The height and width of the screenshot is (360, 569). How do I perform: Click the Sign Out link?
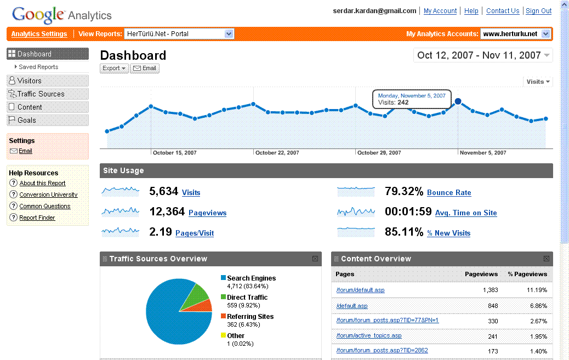pos(538,11)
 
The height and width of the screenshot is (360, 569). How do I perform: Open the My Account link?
pos(440,11)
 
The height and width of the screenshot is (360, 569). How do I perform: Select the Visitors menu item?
pos(30,81)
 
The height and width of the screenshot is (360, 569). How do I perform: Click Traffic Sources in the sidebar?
pos(41,94)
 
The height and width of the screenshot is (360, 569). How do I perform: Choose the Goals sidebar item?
pos(26,120)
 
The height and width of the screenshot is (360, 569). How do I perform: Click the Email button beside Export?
pos(145,68)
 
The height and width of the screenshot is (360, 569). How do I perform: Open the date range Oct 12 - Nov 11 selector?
pos(483,55)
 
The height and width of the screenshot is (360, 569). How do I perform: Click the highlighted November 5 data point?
pos(458,101)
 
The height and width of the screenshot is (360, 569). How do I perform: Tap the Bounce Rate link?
pos(449,192)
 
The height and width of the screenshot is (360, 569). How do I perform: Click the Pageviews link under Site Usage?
pos(207,213)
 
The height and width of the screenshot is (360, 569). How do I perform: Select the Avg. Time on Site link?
pos(466,213)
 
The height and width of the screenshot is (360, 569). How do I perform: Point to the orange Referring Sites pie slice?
pos(204,306)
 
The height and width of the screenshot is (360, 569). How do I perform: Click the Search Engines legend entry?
pos(251,278)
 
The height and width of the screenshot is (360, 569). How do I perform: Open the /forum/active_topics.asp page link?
pos(368,335)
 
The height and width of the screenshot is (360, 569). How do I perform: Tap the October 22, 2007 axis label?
pos(277,153)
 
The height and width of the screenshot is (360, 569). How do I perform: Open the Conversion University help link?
pos(48,195)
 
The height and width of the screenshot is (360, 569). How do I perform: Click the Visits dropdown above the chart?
pos(538,82)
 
